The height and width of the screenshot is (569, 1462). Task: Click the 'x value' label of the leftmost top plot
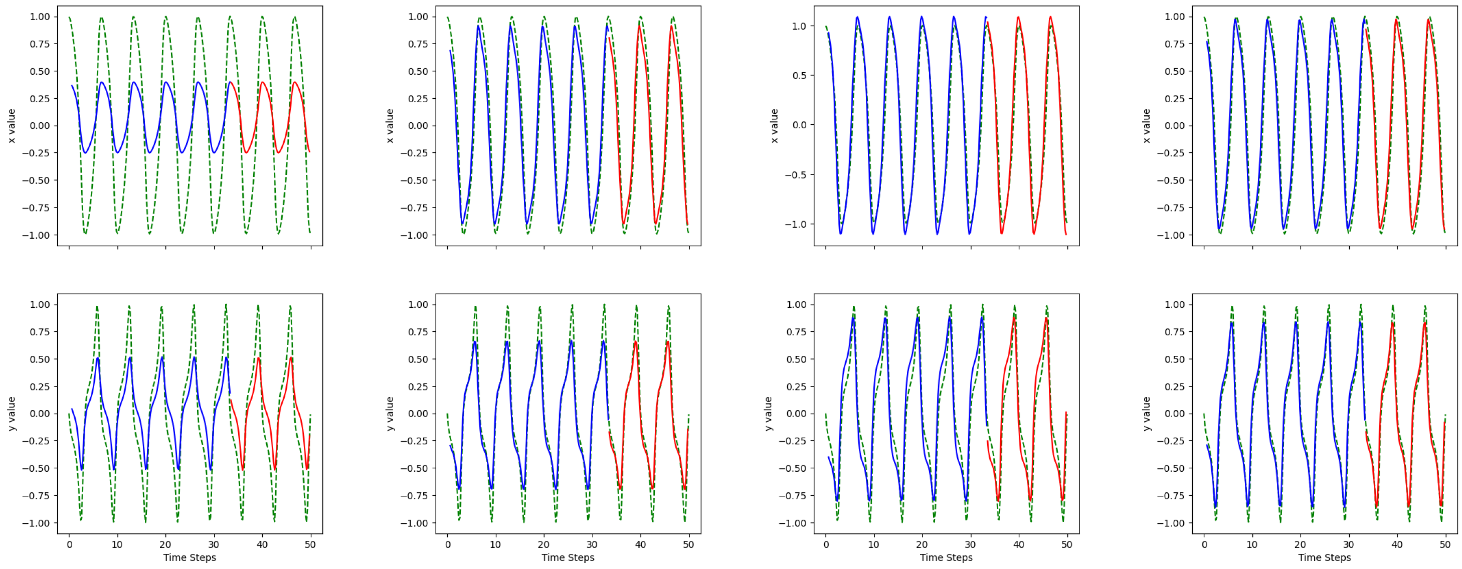click(12, 125)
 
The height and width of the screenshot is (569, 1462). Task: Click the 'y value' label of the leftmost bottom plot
click(12, 414)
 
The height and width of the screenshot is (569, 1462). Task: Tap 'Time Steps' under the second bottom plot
click(568, 557)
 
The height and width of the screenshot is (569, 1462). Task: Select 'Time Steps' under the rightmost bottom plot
click(1324, 557)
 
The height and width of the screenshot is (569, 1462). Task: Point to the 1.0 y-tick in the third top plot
click(799, 26)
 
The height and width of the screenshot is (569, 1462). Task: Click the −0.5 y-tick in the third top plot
click(796, 175)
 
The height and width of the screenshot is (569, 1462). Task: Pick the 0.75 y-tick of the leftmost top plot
click(39, 44)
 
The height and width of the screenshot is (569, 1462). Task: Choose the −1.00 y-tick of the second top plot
click(414, 235)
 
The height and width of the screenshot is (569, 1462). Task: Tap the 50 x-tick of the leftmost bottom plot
click(310, 544)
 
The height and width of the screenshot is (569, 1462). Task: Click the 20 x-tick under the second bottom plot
click(543, 544)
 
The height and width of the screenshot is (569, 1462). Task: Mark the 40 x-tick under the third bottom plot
click(1019, 544)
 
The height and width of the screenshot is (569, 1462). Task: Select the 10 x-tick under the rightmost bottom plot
click(1252, 544)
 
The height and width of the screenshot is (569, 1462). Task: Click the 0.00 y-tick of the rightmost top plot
click(1174, 126)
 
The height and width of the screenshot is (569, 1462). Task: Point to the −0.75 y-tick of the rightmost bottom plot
click(1171, 496)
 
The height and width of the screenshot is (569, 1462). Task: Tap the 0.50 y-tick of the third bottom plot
click(796, 359)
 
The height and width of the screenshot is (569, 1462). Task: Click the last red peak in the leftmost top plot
click(295, 82)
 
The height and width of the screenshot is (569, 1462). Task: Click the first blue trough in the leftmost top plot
click(85, 152)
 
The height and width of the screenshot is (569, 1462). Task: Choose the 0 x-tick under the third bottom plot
click(826, 544)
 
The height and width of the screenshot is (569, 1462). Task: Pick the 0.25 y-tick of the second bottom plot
click(418, 387)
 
